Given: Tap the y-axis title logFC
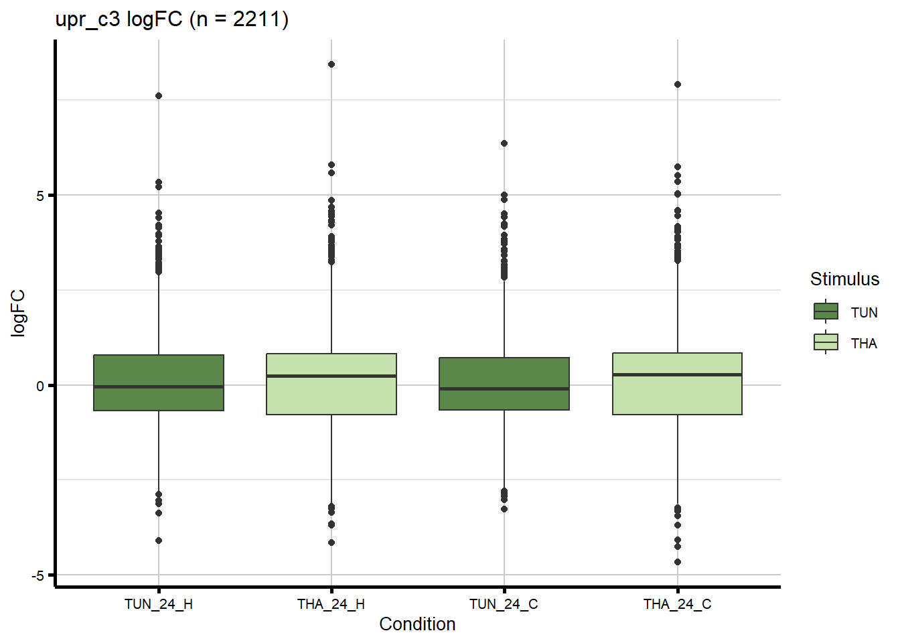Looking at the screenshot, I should (18, 313).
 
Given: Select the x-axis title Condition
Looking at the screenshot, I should (417, 624).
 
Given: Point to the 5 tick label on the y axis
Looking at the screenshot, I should (40, 196).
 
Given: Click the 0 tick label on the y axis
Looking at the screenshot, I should (40, 386).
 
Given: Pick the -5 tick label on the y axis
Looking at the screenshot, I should (37, 576).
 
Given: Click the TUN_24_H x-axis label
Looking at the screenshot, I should (159, 604).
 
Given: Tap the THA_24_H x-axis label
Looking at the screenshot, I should (331, 604).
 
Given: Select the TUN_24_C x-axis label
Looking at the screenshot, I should (504, 604).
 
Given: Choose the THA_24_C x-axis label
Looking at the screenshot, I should (677, 604).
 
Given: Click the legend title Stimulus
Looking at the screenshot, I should (844, 279).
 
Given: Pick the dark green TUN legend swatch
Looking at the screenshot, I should (826, 311).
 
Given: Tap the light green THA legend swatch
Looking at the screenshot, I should (826, 342).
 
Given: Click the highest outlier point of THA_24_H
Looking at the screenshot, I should (331, 64).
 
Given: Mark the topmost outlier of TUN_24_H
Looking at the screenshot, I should (159, 96).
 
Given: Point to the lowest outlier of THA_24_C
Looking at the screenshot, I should (678, 562).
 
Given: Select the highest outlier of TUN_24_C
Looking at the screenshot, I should (504, 143).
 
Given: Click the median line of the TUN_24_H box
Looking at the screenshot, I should (159, 386).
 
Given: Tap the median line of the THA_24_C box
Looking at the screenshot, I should (677, 374).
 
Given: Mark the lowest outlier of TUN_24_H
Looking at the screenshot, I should (159, 541).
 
